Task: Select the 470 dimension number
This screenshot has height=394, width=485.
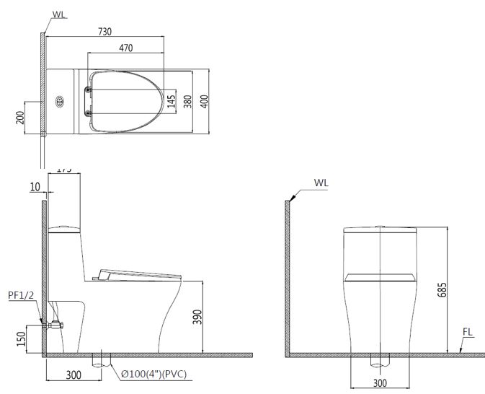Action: coord(126,48)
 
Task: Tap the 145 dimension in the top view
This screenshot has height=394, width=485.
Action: coord(171,101)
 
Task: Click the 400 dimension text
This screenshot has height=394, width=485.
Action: coord(204,101)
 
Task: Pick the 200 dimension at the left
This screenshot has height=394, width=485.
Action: coord(19,118)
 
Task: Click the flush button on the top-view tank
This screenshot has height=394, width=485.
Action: coord(59,101)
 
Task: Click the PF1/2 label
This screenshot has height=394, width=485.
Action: coord(19,295)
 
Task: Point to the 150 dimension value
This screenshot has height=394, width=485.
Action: coord(19,338)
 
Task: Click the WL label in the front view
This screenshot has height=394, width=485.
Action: coord(321,183)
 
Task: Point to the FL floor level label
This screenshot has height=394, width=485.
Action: coord(468,333)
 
